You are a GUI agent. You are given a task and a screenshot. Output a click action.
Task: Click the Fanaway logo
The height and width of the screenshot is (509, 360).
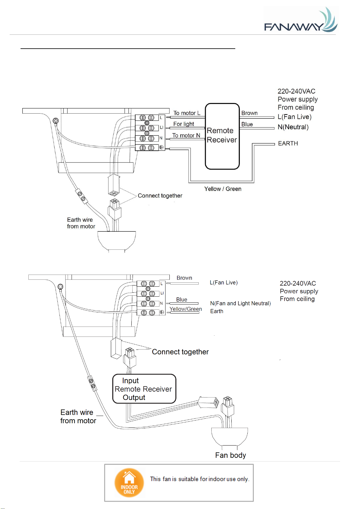tap(301, 21)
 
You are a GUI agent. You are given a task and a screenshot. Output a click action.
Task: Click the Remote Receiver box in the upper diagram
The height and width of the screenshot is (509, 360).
tap(222, 136)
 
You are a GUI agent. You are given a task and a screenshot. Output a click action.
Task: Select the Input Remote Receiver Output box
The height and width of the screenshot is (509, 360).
tap(144, 389)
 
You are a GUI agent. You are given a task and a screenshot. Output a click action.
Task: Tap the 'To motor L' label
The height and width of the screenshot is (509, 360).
tap(187, 113)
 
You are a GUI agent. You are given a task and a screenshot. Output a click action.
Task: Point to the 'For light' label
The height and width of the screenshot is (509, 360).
tap(184, 124)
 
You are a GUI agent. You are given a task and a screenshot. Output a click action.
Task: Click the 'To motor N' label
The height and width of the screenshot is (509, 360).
tap(186, 135)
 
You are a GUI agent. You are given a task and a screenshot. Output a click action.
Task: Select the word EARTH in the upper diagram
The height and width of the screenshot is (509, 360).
tap(288, 143)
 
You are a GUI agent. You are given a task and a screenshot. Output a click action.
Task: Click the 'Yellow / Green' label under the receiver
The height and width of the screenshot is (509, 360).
tap(223, 189)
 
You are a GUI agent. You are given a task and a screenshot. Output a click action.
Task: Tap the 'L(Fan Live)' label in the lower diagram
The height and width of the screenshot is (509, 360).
tap(223, 282)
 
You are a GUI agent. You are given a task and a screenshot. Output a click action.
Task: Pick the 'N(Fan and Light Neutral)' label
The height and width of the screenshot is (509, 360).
tap(240, 303)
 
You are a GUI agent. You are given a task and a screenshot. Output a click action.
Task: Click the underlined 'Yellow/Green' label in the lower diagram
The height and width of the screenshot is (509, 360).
tap(186, 309)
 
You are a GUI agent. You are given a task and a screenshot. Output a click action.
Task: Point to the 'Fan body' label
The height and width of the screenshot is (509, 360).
tap(230, 455)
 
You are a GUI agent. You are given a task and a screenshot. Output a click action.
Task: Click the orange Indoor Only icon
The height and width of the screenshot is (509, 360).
tap(129, 483)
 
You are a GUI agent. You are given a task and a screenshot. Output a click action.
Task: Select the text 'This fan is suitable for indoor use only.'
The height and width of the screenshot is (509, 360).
tap(200, 479)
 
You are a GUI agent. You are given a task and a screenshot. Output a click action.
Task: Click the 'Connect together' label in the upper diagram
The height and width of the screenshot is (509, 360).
tap(160, 196)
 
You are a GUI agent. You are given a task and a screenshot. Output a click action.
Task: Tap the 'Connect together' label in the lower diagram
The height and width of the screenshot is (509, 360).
tap(180, 352)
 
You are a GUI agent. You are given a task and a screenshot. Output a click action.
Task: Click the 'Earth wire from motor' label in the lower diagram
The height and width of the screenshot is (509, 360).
tap(78, 417)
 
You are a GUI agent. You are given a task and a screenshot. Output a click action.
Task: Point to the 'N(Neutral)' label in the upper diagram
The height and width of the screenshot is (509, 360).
tap(293, 127)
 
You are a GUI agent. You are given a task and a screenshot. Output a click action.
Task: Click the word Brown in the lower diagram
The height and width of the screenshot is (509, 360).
tap(184, 278)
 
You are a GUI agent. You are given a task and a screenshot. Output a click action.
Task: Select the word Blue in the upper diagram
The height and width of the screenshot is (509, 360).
tap(247, 124)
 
